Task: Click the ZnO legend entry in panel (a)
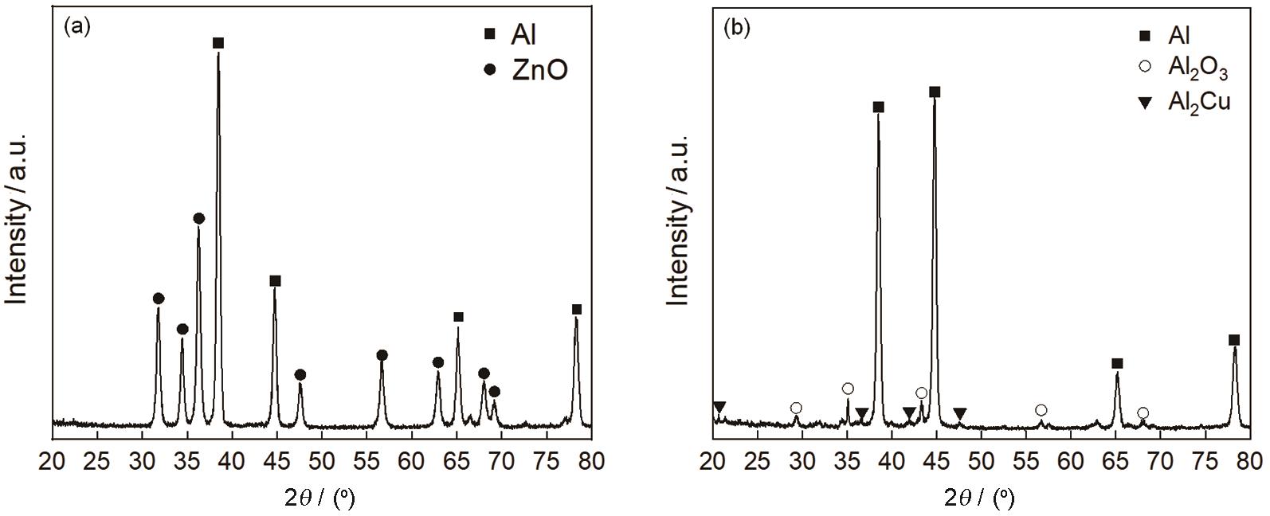click(x=527, y=70)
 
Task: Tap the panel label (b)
click(x=735, y=28)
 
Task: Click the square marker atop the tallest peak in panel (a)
click(x=218, y=43)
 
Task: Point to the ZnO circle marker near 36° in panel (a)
click(x=199, y=218)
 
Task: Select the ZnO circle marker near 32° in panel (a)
click(x=159, y=299)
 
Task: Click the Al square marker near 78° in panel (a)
click(x=577, y=309)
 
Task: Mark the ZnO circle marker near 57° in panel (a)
click(x=382, y=355)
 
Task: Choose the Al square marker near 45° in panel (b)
click(x=935, y=92)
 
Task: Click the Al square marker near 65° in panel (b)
click(x=1117, y=364)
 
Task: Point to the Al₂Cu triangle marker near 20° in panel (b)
click(x=719, y=408)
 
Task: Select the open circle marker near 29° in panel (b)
click(x=796, y=408)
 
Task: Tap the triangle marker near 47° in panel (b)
click(x=960, y=413)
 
